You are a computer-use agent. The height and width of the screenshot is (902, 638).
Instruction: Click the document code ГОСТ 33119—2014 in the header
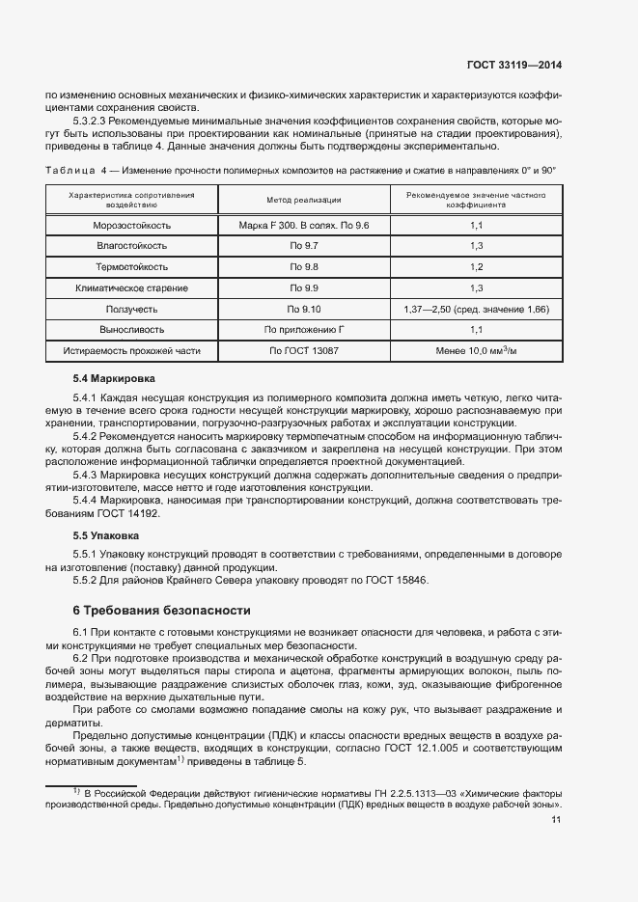(x=513, y=66)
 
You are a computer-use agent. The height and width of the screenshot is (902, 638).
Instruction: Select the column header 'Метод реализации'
(x=304, y=200)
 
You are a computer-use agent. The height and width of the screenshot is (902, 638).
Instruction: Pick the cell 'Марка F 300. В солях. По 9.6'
(x=304, y=225)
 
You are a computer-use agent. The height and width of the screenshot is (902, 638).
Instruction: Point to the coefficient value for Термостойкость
(x=476, y=267)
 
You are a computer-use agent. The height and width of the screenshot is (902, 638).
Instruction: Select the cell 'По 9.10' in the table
(x=304, y=310)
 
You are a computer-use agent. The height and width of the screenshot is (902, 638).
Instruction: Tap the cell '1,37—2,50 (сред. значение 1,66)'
(x=476, y=310)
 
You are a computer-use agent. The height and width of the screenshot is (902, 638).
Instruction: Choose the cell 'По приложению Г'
(x=304, y=331)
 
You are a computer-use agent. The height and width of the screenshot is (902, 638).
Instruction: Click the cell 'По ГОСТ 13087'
(x=304, y=352)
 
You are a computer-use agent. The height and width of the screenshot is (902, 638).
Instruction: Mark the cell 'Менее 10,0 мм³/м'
(x=476, y=352)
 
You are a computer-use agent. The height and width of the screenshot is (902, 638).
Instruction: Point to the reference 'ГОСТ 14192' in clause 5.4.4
(x=128, y=514)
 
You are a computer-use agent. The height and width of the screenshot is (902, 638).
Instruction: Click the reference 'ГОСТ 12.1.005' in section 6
(x=422, y=748)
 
